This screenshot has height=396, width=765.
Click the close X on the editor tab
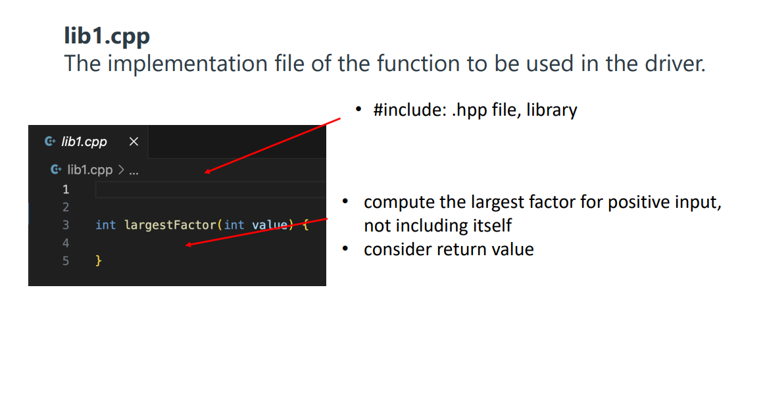[x=134, y=141]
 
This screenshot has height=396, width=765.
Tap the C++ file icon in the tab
[x=50, y=141]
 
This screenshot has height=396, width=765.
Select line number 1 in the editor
[x=66, y=189]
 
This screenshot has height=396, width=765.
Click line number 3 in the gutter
[x=66, y=225]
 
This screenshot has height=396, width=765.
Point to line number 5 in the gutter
[x=66, y=261]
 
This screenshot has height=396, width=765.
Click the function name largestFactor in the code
[x=170, y=226]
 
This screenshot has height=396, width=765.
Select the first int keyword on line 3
[x=105, y=225]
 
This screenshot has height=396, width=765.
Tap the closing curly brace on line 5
[x=99, y=261]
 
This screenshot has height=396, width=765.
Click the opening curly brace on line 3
[x=305, y=226]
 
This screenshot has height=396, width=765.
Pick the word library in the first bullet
[x=552, y=111]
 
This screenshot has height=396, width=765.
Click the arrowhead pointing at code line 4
[x=188, y=244]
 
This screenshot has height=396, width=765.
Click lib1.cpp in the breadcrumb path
[x=90, y=170]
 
